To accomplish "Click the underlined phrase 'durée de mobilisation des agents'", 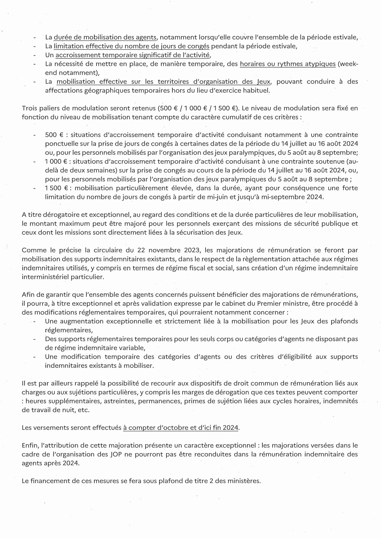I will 105,37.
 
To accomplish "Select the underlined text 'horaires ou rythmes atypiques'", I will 288,64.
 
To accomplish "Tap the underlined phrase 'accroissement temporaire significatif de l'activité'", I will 132,55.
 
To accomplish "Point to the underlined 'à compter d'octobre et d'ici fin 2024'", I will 181,428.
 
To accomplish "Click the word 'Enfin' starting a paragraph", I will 29,445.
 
